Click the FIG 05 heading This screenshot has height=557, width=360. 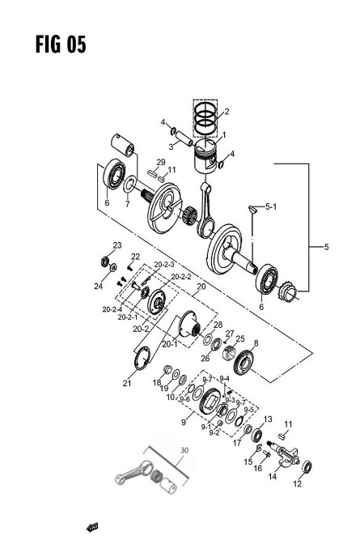[x=61, y=45]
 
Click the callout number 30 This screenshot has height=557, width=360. [x=184, y=450]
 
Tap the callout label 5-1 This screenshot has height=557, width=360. [x=271, y=206]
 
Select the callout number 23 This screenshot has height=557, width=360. [x=117, y=245]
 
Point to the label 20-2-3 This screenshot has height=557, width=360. [x=164, y=265]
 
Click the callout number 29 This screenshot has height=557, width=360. [x=161, y=162]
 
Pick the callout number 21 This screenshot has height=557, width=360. [x=127, y=383]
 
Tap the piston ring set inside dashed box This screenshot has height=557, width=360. [x=205, y=118]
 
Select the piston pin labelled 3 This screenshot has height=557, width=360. [x=184, y=138]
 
